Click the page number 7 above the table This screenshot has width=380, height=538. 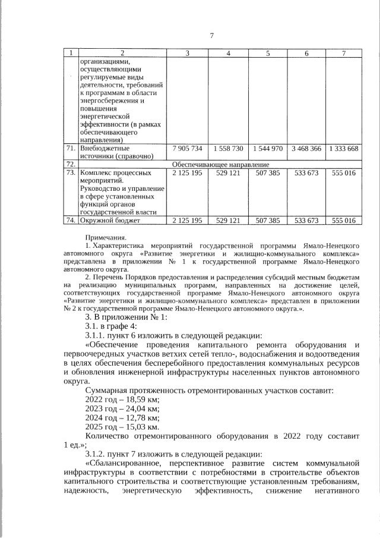[x=211, y=35]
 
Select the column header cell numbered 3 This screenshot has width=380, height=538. [x=187, y=54]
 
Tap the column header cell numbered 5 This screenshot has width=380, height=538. [x=268, y=54]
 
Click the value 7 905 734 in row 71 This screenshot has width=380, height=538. [x=187, y=148]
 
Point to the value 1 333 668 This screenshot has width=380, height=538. [x=344, y=148]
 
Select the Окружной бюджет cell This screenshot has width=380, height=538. [x=108, y=221]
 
